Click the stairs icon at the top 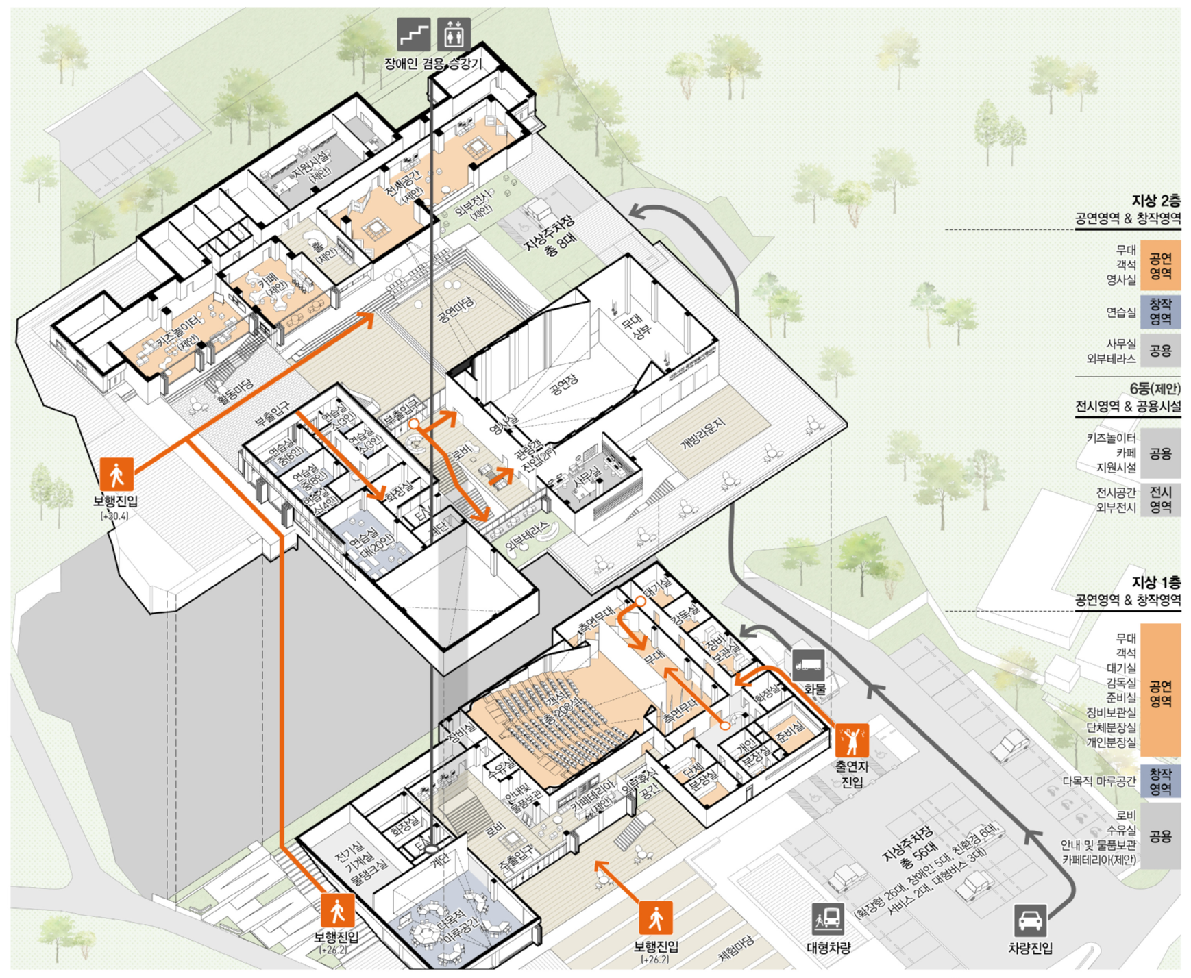click(414, 34)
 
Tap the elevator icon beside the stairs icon click(454, 34)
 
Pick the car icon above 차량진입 click(1030, 920)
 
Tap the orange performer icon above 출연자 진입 click(852, 740)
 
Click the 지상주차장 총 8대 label click(552, 237)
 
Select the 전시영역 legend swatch click(1160, 499)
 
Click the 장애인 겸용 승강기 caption click(433, 64)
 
